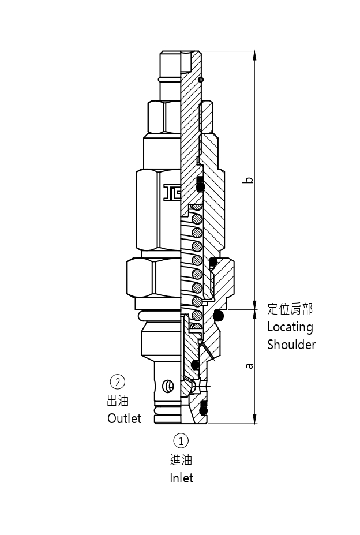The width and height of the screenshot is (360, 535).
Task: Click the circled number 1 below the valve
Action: pos(181,441)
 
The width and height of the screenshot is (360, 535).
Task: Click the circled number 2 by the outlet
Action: pos(118,381)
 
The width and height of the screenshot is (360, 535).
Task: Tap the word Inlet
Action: pos(181,478)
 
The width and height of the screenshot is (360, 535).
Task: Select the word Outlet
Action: pos(124,418)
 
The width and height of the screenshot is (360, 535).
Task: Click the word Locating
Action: pos(290,327)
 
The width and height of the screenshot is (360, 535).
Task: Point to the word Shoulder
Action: pos(291,345)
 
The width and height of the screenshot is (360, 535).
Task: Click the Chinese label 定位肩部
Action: pos(290,309)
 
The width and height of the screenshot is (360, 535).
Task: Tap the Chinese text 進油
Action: pos(181,459)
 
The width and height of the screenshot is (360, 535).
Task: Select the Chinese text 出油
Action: pos(118,401)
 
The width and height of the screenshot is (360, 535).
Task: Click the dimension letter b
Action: pos(249,180)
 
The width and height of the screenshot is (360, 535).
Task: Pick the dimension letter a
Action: pos(249,365)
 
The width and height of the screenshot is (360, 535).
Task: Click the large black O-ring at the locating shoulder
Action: pos(218,315)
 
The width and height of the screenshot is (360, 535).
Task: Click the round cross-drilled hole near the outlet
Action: pos(168,386)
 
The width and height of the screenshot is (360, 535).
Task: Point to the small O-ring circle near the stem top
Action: pos(200,79)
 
